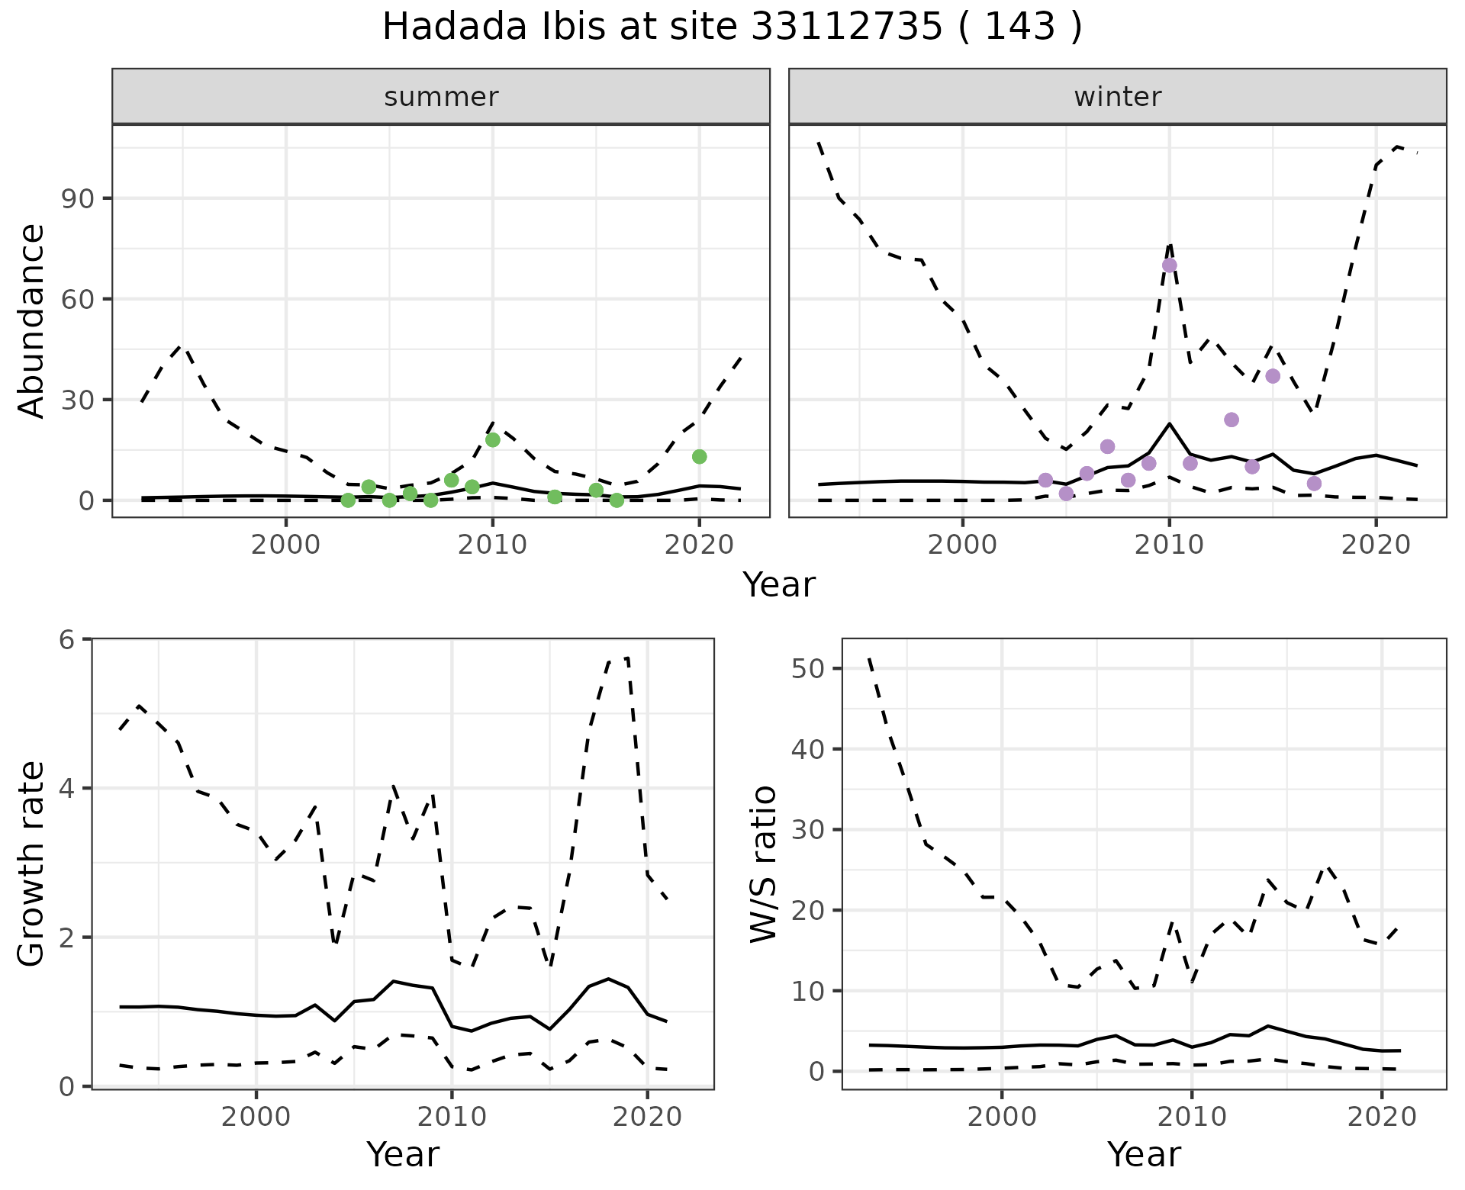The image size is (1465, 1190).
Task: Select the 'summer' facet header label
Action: click(x=441, y=97)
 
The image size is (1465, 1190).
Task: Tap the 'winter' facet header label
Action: click(x=1117, y=97)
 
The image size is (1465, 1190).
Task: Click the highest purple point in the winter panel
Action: click(x=1169, y=265)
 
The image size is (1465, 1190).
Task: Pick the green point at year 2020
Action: click(x=699, y=457)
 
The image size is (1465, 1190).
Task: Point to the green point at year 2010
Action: click(x=492, y=440)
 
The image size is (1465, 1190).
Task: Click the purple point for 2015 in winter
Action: click(x=1272, y=376)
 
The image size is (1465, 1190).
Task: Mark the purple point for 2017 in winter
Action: click(x=1313, y=484)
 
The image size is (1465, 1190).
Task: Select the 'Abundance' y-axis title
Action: click(x=32, y=321)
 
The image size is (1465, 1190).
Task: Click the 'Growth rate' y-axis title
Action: click(x=32, y=864)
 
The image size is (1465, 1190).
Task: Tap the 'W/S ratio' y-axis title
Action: click(x=764, y=864)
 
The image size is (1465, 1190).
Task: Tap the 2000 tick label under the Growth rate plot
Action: click(x=256, y=1118)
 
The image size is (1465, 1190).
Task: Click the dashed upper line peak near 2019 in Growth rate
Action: click(x=627, y=657)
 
